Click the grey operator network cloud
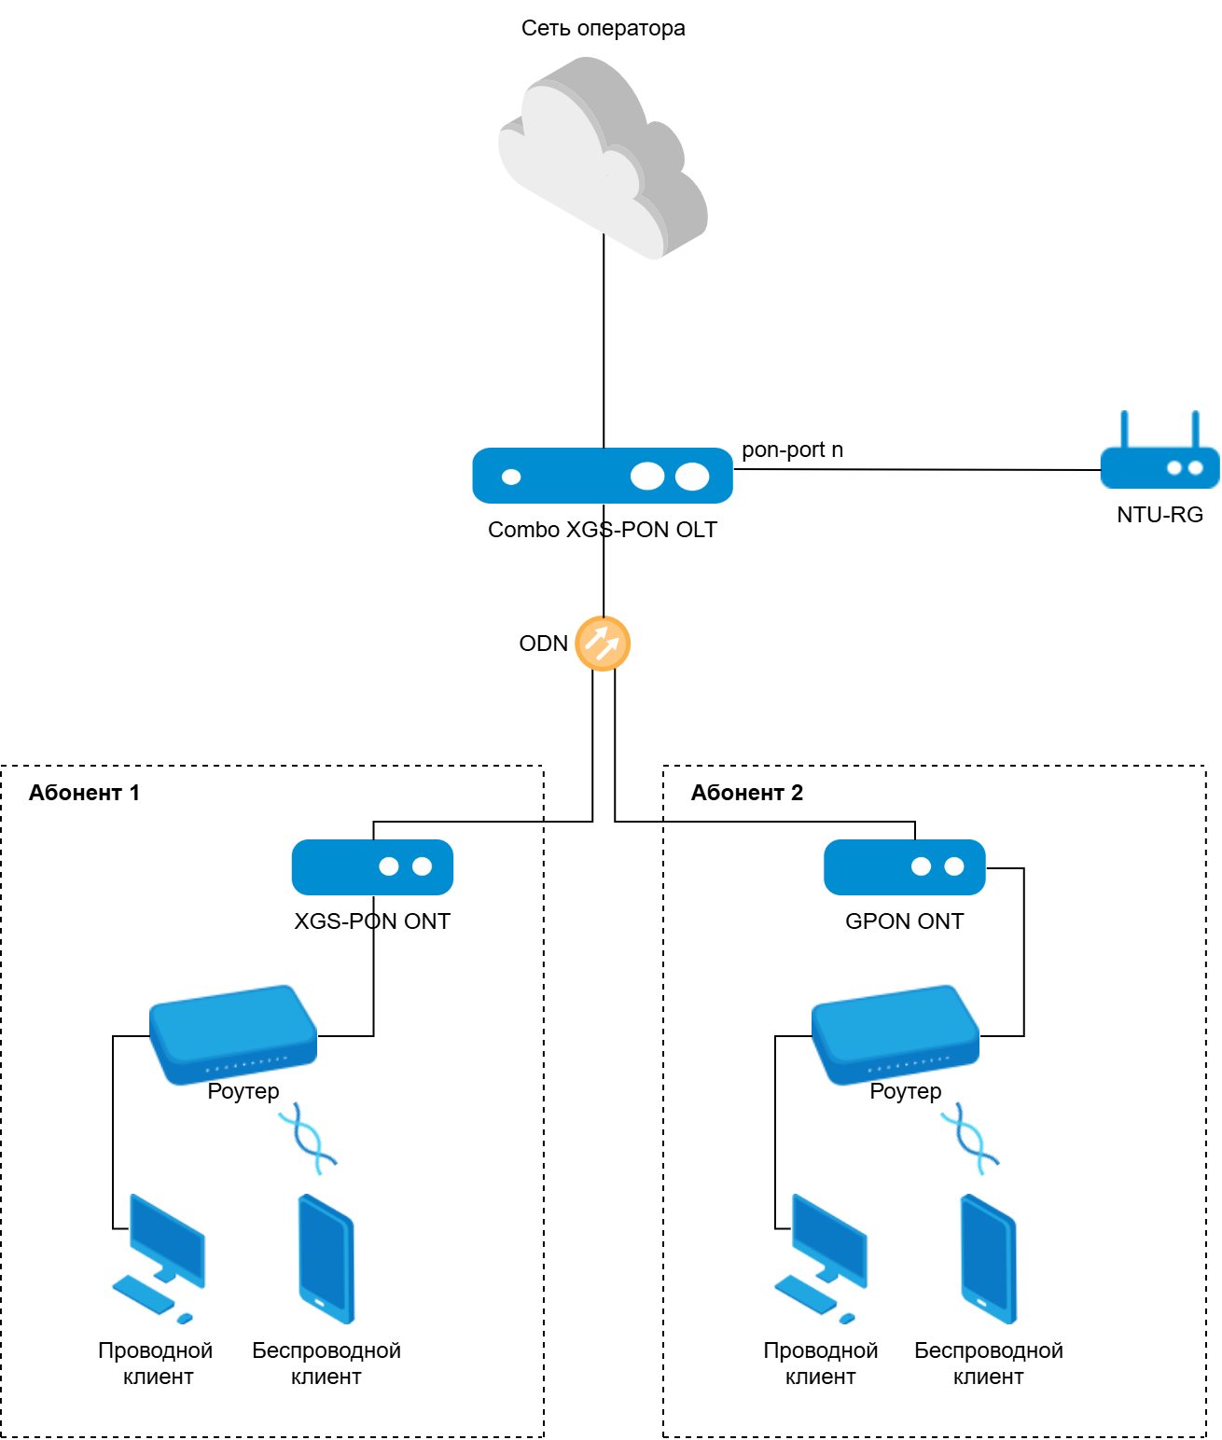(x=603, y=159)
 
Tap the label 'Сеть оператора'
(x=603, y=28)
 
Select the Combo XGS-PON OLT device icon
(x=603, y=476)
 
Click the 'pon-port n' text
(x=792, y=450)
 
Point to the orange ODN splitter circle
(x=603, y=644)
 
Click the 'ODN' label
(x=543, y=644)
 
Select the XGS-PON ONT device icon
(x=372, y=866)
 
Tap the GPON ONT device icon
(x=904, y=866)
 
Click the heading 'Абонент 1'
(x=84, y=793)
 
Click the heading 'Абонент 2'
(x=746, y=793)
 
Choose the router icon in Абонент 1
(x=233, y=1033)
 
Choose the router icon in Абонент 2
(x=896, y=1033)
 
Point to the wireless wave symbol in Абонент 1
(x=308, y=1138)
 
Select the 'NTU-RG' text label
(x=1160, y=515)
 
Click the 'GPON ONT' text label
(x=904, y=921)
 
